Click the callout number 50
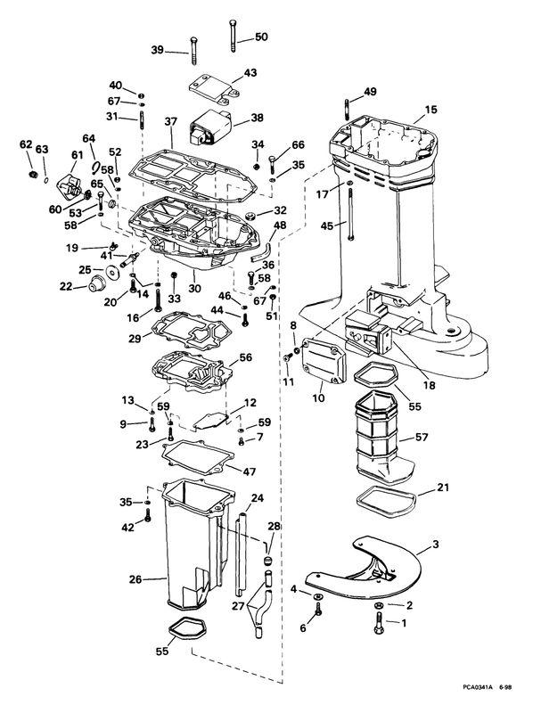260,37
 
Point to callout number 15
430,110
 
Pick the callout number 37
170,121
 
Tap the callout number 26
135,579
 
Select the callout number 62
25,144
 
